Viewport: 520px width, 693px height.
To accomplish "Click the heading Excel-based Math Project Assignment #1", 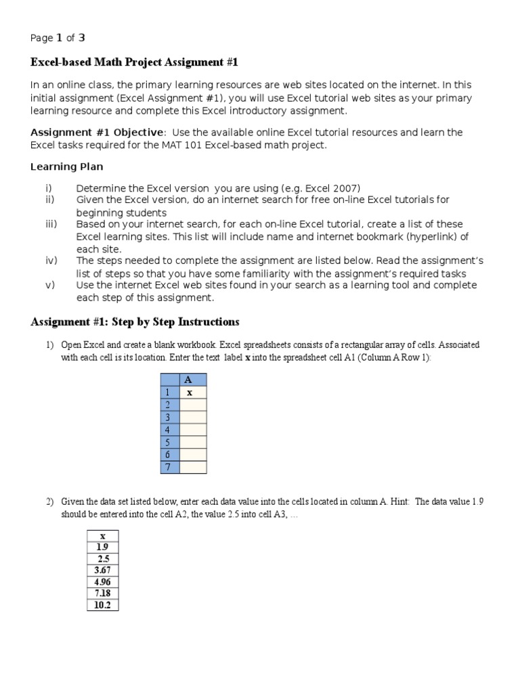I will click(135, 62).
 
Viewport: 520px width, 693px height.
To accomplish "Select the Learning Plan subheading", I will click(67, 166).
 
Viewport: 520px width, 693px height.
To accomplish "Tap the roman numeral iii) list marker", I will click(51, 224).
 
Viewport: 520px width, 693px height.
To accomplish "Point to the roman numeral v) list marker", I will click(49, 285).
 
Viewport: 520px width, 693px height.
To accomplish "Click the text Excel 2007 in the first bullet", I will click(334, 187).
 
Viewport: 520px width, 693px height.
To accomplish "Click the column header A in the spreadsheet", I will click(188, 380).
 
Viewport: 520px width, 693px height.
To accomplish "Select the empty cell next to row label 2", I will click(193, 405).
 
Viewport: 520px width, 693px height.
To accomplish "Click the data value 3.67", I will click(103, 570).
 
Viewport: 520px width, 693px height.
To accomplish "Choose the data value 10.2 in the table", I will click(103, 604).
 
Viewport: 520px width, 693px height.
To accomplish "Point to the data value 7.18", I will click(103, 593).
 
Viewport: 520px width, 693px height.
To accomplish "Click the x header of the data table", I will click(103, 535).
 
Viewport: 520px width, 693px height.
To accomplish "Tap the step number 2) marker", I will click(49, 501).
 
